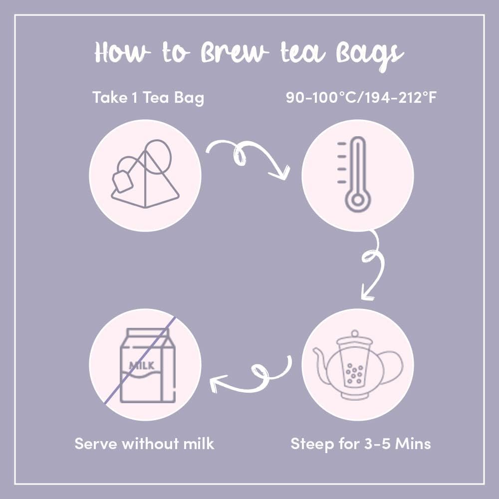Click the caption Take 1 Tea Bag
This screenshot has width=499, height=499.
[148, 98]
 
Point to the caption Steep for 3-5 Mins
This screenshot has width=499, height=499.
[361, 443]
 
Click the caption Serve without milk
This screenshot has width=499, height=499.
[144, 443]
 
